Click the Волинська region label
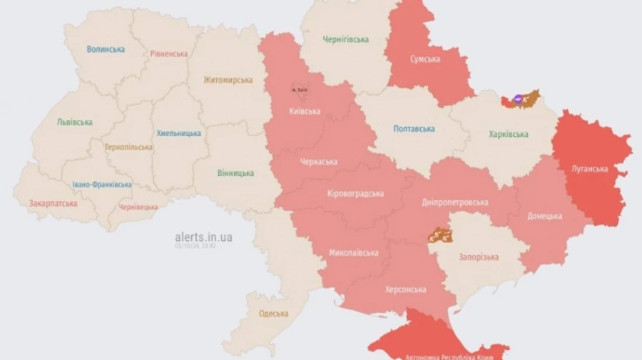(106, 49)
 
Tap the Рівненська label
(169, 53)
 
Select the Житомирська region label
(228, 80)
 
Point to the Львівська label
(74, 122)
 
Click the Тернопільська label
(128, 147)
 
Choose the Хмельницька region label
(178, 133)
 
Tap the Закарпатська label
(53, 203)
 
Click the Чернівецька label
(138, 207)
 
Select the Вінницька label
(235, 173)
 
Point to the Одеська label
(273, 314)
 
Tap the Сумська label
(425, 58)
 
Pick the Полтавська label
(414, 128)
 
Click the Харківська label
(509, 134)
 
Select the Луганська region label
(590, 169)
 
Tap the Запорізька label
(479, 257)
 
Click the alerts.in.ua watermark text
(203, 237)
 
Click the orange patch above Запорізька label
(440, 235)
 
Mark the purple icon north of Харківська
(518, 99)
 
